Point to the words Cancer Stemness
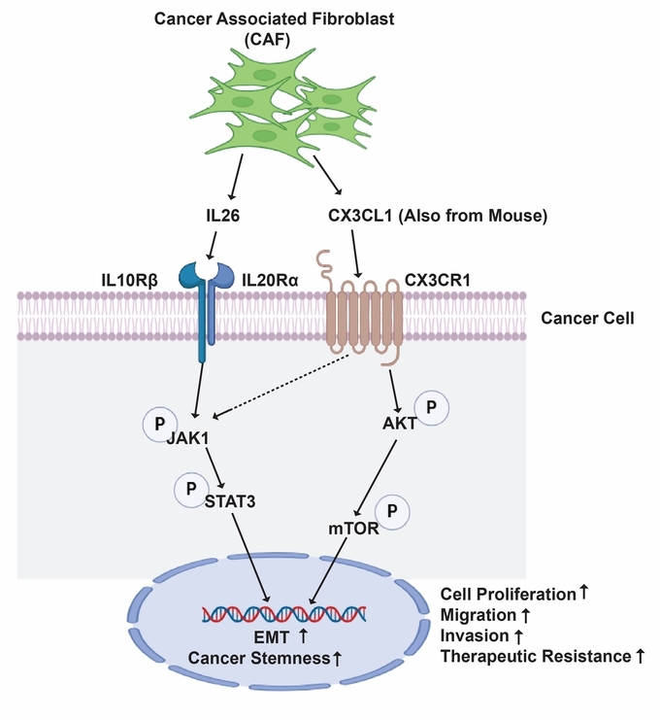[258, 659]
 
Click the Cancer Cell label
[589, 317]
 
